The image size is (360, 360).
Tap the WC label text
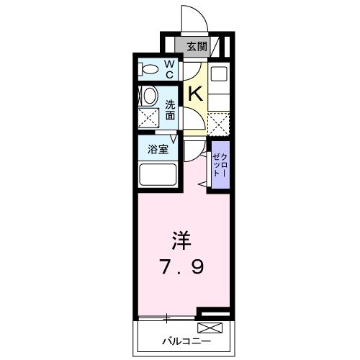pos(169,70)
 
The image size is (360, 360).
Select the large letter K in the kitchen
pos(194,93)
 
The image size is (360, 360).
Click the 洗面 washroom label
pos(170,108)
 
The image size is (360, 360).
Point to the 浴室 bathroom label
pos(158,150)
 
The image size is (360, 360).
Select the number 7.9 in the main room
pos(182,267)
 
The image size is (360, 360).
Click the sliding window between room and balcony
pos(166,318)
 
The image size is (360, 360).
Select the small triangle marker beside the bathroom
pos(174,140)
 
